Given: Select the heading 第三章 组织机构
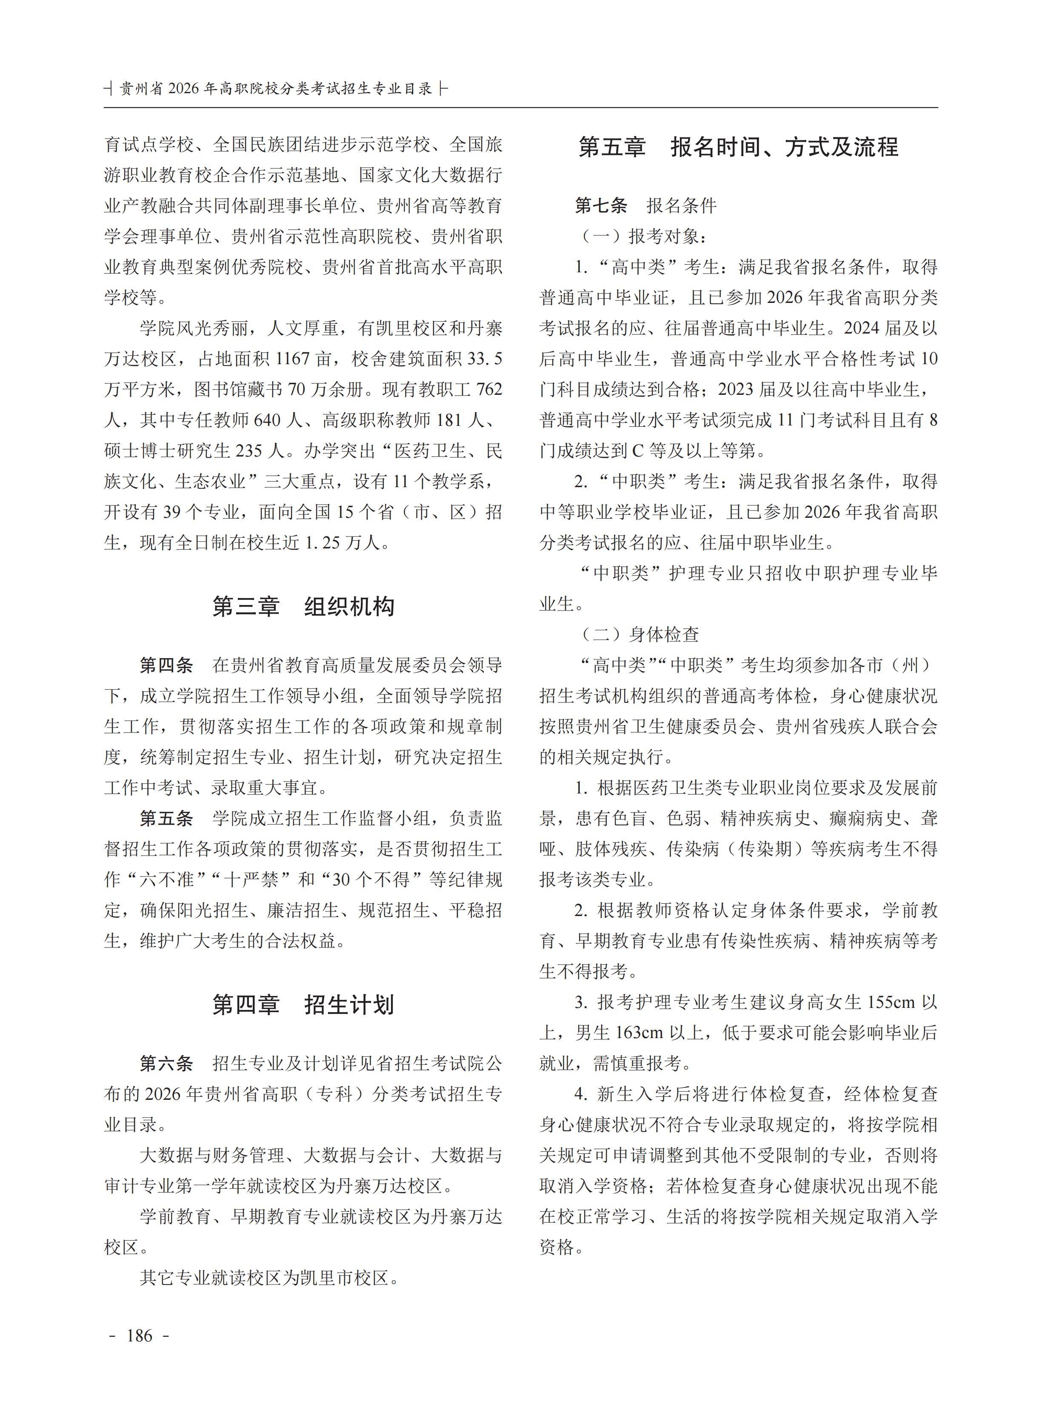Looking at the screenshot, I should point(303,606).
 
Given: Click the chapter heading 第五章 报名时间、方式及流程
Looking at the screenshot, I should point(738,147).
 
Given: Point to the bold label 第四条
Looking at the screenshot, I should point(166,665).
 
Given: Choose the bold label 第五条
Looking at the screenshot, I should point(166,818).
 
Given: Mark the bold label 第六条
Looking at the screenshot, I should point(166,1063).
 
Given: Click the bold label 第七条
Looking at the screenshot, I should point(601,205).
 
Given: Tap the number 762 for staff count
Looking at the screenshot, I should point(489,389).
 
